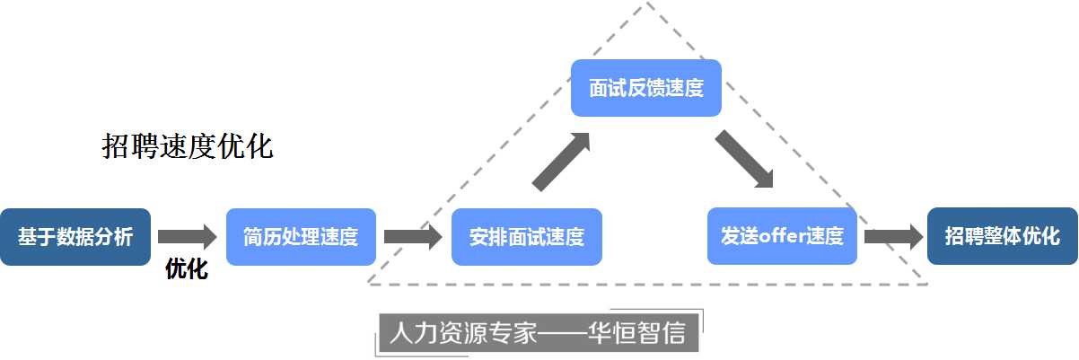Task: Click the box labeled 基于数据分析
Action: [x=75, y=237]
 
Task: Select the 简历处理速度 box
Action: [x=301, y=237]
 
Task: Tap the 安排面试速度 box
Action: [x=526, y=237]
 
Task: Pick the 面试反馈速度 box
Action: [x=646, y=88]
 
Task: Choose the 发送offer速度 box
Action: [x=782, y=237]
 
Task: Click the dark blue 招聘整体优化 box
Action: [x=1002, y=237]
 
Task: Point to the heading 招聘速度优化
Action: [x=188, y=147]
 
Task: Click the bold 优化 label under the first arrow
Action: [x=187, y=269]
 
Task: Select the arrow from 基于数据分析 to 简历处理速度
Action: [x=188, y=237]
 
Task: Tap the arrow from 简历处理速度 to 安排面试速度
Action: [x=413, y=237]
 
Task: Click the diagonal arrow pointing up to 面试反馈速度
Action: [x=562, y=162]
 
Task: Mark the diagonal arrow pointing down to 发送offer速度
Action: [x=745, y=160]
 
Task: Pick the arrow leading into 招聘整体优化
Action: [x=893, y=237]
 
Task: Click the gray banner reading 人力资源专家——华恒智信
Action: [x=538, y=334]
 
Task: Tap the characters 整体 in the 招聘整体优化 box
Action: [x=1002, y=237]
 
